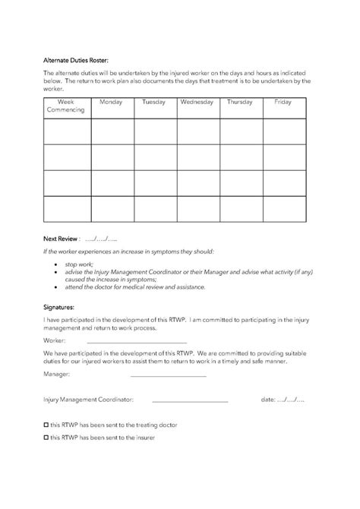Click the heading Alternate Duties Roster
(x=76, y=58)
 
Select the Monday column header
(x=111, y=102)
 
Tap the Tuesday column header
(x=154, y=102)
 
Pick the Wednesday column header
(x=197, y=102)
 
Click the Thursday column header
(x=240, y=102)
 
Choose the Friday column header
(x=283, y=102)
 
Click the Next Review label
(x=62, y=238)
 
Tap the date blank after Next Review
(x=102, y=238)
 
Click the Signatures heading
(x=59, y=308)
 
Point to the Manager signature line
(x=168, y=375)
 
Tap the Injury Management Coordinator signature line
(x=190, y=400)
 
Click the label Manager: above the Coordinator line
(x=58, y=374)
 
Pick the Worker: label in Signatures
(x=55, y=341)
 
